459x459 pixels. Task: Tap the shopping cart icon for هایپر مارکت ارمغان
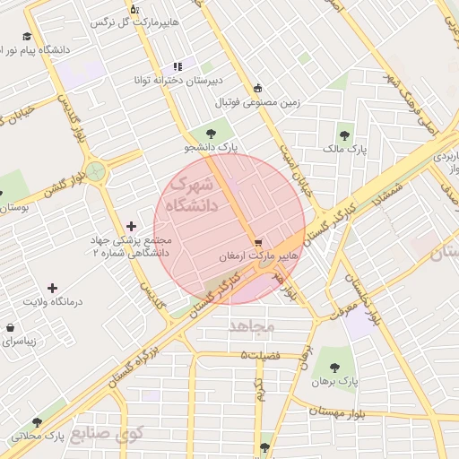pos(258,242)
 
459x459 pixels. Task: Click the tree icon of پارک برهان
pos(334,367)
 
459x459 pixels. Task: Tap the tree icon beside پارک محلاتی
pos(37,422)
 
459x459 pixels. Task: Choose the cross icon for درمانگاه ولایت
pos(52,288)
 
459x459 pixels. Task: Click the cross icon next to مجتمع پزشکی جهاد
pos(133,226)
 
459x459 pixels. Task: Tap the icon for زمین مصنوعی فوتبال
pos(258,88)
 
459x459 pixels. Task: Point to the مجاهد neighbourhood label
pos(251,326)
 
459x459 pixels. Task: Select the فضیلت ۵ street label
pos(260,356)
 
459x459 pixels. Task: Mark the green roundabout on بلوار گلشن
pos(95,172)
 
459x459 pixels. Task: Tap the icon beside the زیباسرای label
pos(10,328)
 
